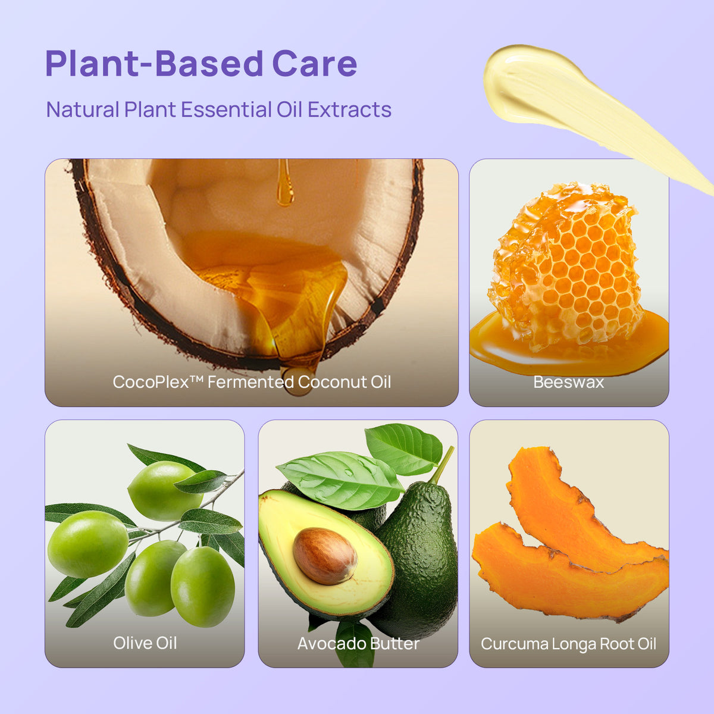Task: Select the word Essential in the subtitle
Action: pos(226,109)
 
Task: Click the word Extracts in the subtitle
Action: pos(349,109)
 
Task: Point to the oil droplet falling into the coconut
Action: pos(285,183)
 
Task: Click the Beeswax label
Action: pos(568,383)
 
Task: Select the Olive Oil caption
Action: pos(145,643)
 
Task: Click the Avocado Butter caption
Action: pos(358,644)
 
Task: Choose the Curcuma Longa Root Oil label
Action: pos(568,644)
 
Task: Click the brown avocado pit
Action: pos(325,556)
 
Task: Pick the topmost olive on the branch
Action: pos(165,490)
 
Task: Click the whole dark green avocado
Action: pos(419,556)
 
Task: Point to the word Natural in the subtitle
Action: pos(83,109)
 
